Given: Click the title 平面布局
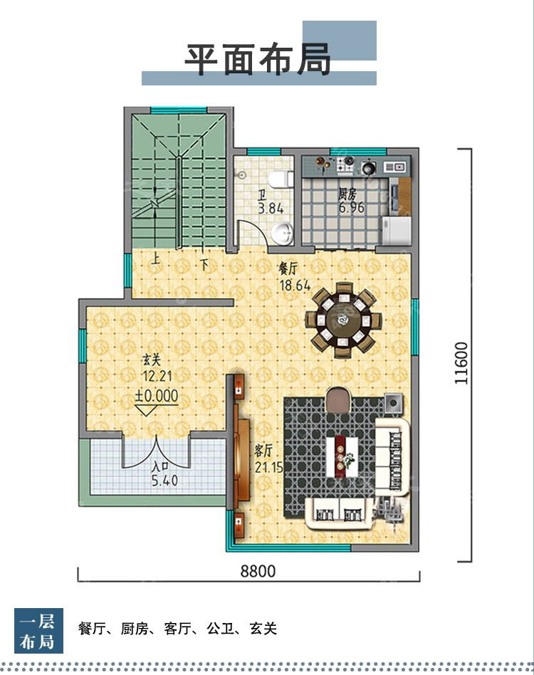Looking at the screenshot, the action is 258,59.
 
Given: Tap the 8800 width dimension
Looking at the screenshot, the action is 258,571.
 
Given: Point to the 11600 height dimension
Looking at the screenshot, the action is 461,363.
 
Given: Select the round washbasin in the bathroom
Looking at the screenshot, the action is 281,233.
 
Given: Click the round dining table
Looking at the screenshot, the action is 344,320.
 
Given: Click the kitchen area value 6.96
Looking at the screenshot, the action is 352,207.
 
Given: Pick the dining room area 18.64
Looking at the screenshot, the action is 295,286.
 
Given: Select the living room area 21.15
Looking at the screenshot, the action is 268,466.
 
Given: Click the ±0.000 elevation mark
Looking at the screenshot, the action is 156,396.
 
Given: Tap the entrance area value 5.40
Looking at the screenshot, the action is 164,480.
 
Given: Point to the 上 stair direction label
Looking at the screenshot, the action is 155,259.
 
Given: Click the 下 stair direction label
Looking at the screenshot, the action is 204,263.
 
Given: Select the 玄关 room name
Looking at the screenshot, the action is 152,360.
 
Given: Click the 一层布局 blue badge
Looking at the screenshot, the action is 38,631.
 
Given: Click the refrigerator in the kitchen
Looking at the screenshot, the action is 397,230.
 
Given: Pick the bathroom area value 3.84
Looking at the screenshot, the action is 271,209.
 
